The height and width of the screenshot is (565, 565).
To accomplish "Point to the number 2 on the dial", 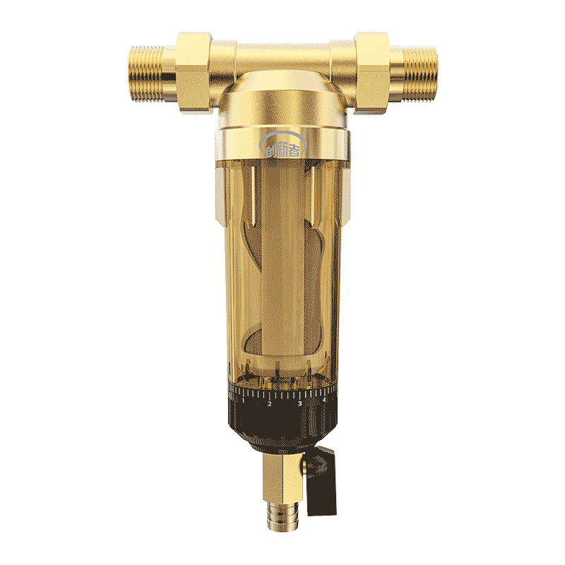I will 269,405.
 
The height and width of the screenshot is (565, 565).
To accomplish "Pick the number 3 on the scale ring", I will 299,404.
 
